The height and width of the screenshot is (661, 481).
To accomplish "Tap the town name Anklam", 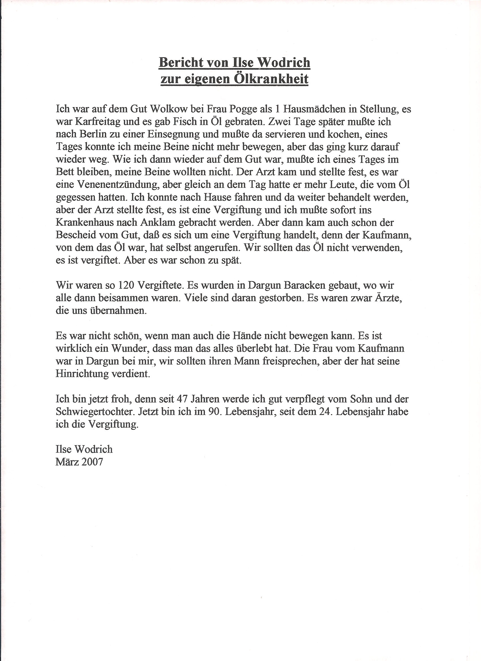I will point(158,223).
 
